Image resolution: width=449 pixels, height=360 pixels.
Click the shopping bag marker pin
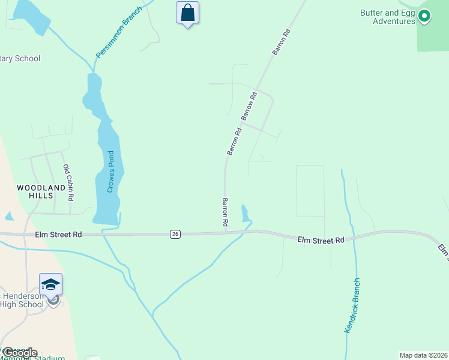(187, 13)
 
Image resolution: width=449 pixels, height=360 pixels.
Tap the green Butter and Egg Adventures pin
(424, 16)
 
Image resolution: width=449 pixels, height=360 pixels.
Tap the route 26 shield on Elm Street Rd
(175, 233)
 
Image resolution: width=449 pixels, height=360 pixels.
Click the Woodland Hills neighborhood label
(40, 192)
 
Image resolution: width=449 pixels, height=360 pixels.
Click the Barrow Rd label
(249, 104)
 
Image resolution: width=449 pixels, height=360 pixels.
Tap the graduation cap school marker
(50, 284)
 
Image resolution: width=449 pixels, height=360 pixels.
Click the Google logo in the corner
(19, 352)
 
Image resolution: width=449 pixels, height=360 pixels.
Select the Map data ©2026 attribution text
(423, 355)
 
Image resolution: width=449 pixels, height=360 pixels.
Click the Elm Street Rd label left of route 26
(58, 234)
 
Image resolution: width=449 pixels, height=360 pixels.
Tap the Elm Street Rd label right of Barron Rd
(321, 239)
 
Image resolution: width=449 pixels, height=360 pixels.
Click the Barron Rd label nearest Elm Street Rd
(225, 212)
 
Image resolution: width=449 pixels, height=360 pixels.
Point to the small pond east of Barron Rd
(245, 213)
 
